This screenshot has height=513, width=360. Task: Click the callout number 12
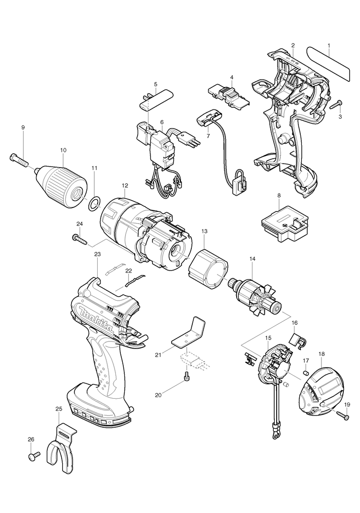pos(125,186)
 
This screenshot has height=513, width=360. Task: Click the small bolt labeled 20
pos(186,377)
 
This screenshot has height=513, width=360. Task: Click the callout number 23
pos(97,254)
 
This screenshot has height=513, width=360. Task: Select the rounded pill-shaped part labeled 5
pos(155,99)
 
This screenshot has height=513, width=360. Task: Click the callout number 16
pos(294,323)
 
